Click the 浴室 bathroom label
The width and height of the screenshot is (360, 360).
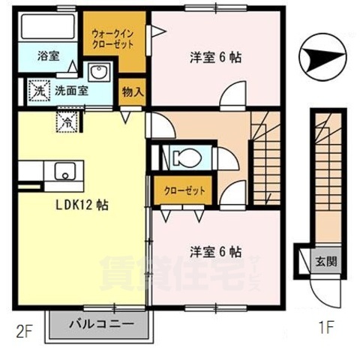point(48,55)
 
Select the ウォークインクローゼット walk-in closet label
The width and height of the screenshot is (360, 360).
point(115,39)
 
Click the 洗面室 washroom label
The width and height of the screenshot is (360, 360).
point(72,90)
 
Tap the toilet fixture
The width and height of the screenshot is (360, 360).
point(182,158)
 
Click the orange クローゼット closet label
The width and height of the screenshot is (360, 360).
point(184,190)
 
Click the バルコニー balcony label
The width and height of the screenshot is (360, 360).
point(101,325)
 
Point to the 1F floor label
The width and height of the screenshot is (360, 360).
point(322,328)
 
